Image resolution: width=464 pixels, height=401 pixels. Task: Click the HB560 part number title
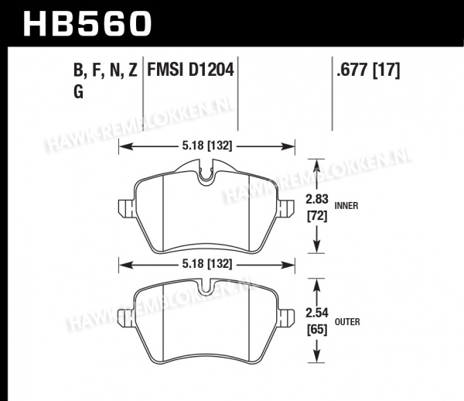click(87, 24)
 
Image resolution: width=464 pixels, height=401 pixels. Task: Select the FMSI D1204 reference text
click(190, 70)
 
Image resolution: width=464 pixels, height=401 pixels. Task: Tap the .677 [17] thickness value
click(368, 70)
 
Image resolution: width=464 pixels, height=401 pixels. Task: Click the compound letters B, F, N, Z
click(105, 70)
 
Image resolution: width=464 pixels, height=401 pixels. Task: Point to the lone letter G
click(78, 91)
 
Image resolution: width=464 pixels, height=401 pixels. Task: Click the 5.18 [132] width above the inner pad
click(206, 146)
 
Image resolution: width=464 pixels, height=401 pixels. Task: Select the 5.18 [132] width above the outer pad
click(206, 263)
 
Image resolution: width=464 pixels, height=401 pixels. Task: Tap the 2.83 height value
click(317, 199)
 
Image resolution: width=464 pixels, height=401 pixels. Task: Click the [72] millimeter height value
click(317, 217)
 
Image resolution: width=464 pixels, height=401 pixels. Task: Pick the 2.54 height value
click(317, 313)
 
